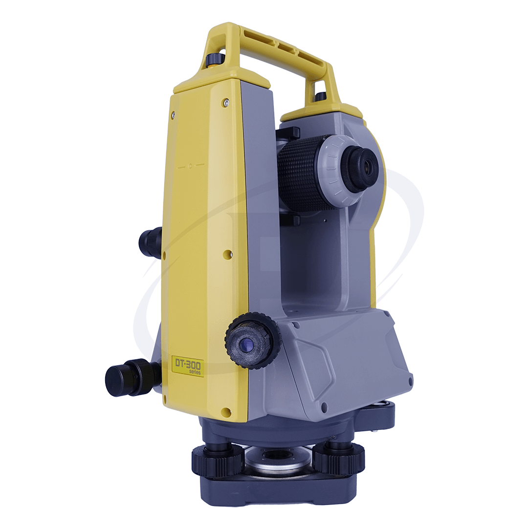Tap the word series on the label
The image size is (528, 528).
coord(195,372)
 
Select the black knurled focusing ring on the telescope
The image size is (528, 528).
coord(298,174)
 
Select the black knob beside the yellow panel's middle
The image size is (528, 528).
coord(150,242)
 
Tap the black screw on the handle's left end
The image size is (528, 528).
coord(215,60)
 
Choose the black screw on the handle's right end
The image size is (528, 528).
coord(321,96)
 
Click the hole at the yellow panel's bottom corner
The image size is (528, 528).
coord(225,412)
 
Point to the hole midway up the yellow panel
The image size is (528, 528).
coord(227,254)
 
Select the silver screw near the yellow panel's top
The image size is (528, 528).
coord(225,103)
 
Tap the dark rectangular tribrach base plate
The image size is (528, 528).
coord(279,489)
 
